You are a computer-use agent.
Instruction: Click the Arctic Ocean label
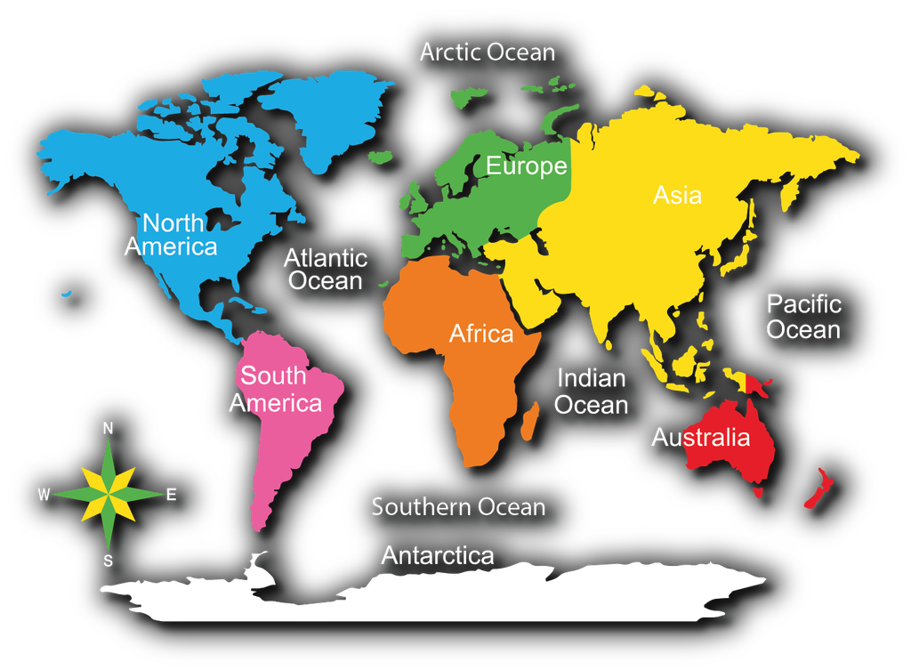click(488, 52)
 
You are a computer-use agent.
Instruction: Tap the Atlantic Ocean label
click(326, 270)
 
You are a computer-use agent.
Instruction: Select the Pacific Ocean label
click(803, 317)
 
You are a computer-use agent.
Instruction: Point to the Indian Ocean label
click(592, 392)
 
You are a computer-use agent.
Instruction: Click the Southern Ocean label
click(458, 507)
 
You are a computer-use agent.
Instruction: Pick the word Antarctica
click(438, 556)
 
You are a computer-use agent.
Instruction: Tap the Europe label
click(526, 166)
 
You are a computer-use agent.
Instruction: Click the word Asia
click(677, 195)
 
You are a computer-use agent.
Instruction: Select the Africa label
click(481, 334)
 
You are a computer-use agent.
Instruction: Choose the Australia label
click(701, 437)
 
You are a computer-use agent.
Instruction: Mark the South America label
click(275, 390)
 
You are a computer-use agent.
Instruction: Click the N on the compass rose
click(109, 429)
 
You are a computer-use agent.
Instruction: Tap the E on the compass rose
click(172, 495)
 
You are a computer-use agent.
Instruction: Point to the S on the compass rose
click(109, 561)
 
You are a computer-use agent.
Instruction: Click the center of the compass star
click(109, 495)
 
